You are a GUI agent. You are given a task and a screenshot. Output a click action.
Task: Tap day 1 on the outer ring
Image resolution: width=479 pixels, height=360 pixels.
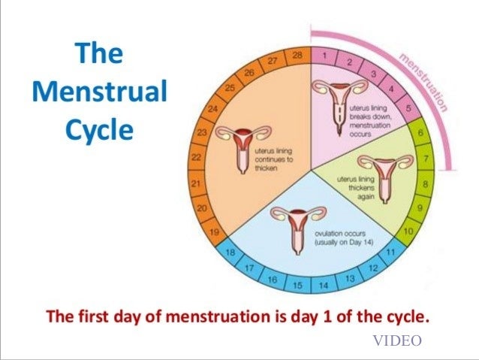point(324,55)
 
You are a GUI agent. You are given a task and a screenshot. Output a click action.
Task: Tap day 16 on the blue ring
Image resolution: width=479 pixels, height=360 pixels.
point(272,279)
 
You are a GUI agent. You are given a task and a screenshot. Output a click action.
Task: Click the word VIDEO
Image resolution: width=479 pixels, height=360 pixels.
point(397,340)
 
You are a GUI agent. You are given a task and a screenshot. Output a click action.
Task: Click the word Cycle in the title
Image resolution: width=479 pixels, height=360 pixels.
point(99,130)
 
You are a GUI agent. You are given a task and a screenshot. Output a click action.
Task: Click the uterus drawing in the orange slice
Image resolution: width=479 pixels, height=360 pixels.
point(238,146)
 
